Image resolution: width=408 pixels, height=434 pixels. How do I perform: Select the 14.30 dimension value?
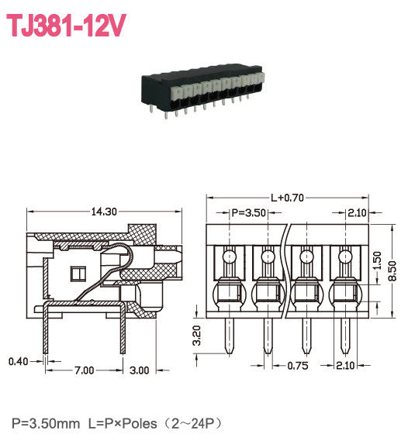tap(105, 211)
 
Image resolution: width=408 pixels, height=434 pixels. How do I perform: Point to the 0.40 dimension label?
tap(18, 360)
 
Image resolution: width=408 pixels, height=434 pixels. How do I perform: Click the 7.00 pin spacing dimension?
tap(84, 371)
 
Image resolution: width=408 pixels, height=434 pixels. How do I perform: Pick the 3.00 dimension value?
tap(139, 371)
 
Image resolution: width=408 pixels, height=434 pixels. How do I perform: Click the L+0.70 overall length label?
tap(286, 198)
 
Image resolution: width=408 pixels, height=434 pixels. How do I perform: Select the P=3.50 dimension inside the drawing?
tap(250, 213)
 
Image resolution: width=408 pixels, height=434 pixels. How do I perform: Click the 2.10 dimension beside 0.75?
tap(346, 366)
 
